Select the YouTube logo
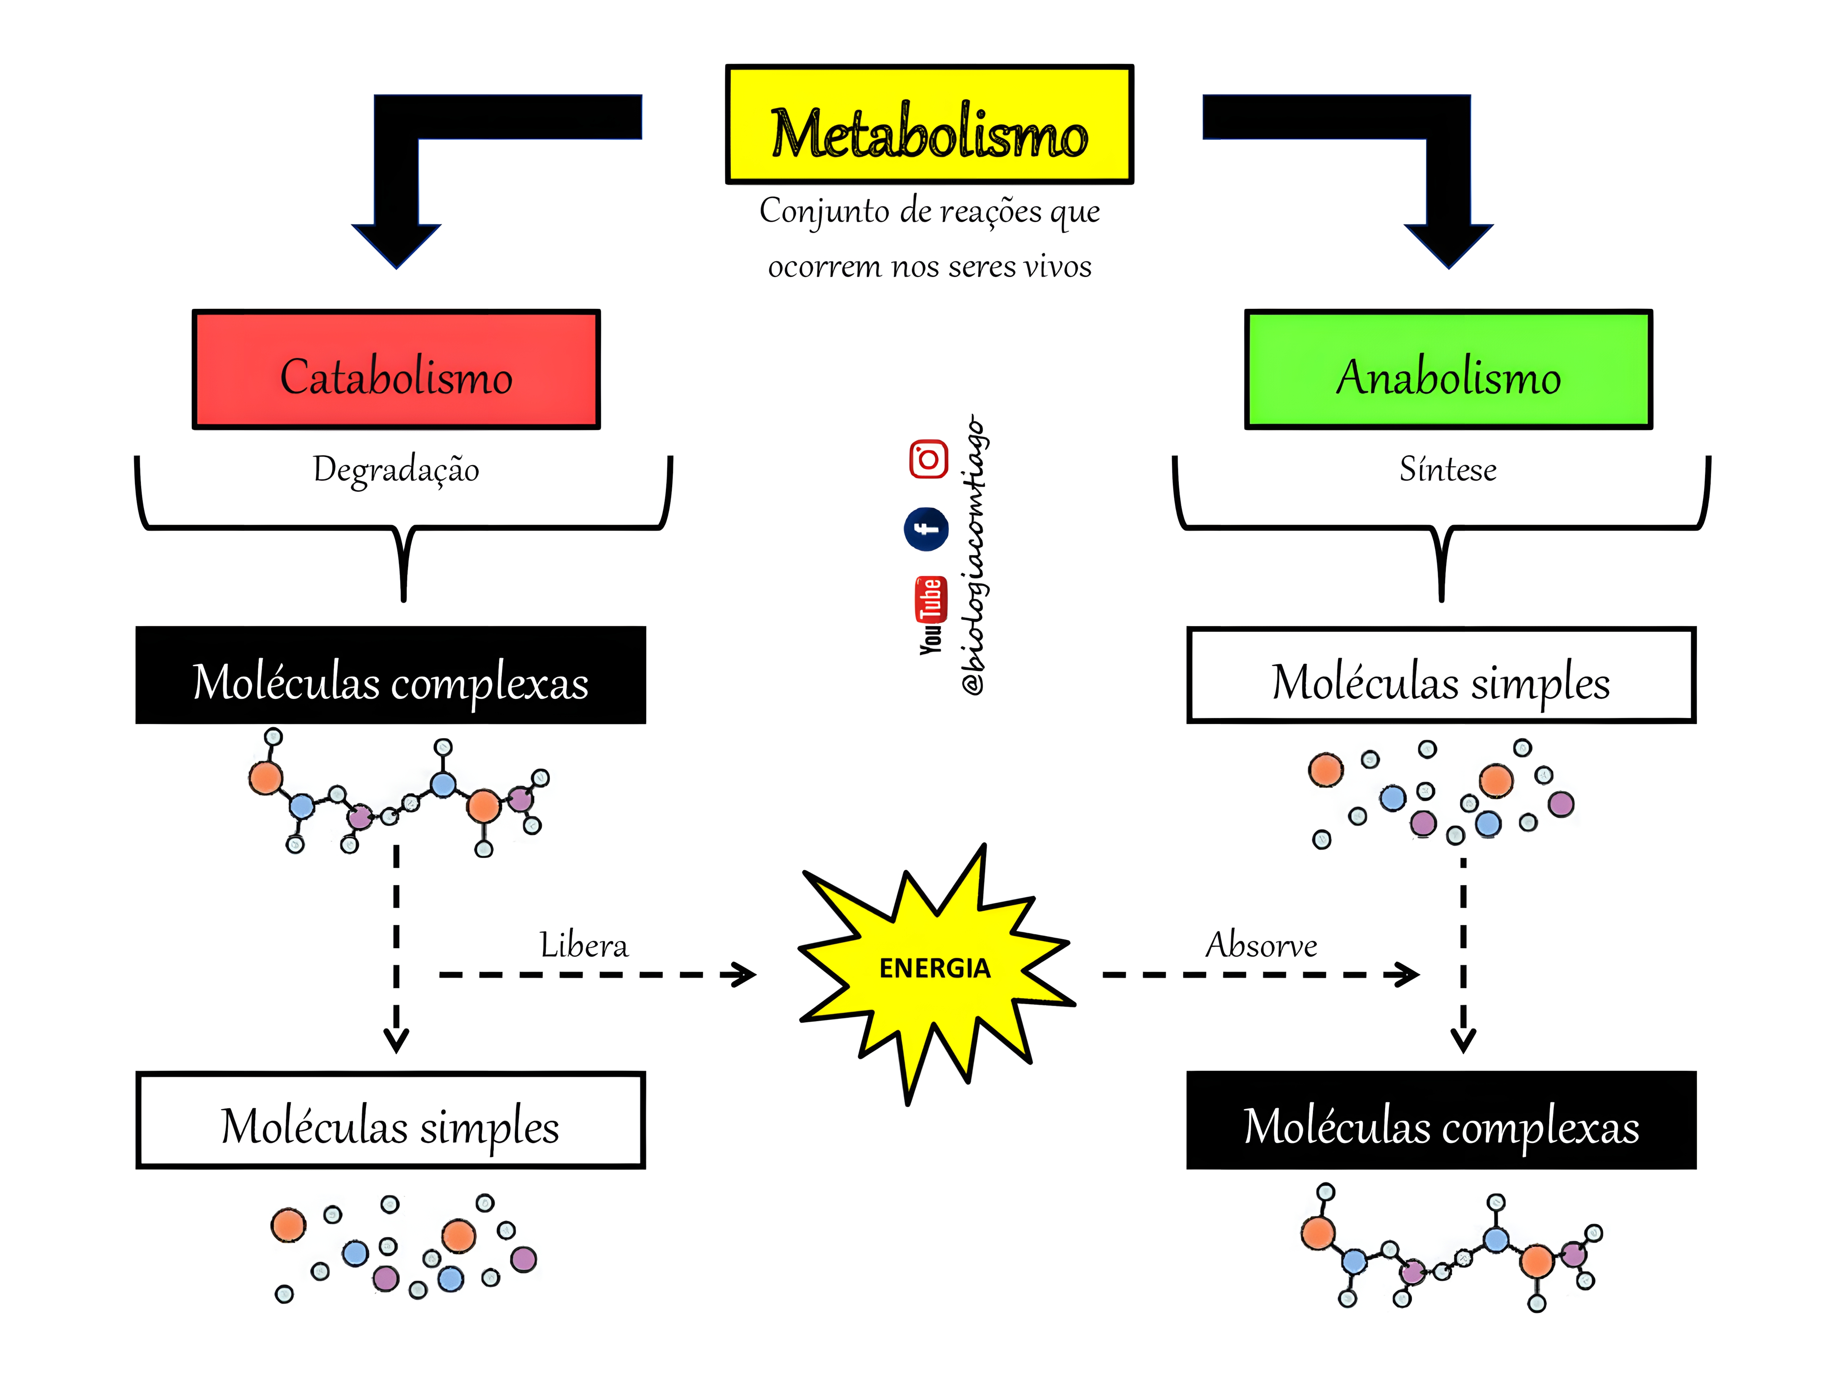[x=930, y=615]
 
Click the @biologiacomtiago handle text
[x=974, y=555]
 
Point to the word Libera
[x=584, y=945]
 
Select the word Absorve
[x=1261, y=945]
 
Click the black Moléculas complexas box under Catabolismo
[x=391, y=675]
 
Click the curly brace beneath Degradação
[x=403, y=530]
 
